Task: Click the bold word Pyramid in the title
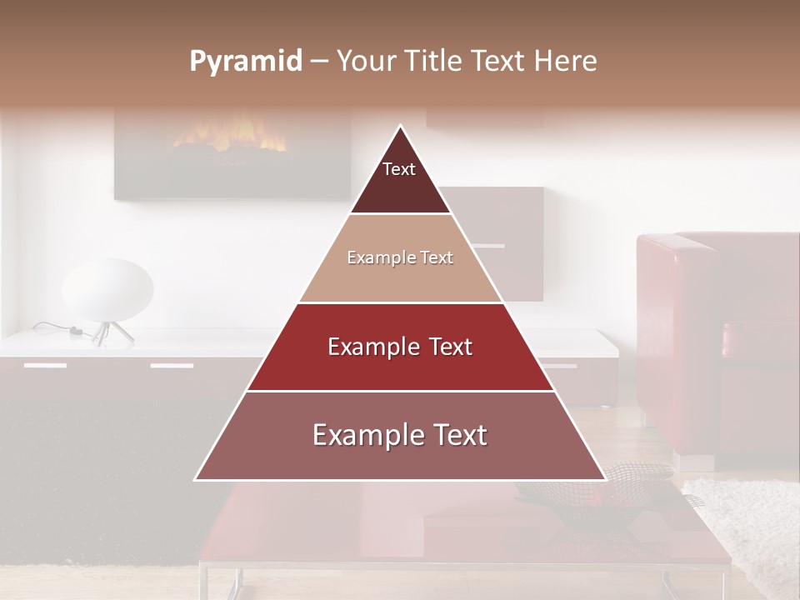pyautogui.click(x=246, y=62)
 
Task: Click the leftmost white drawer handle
pyautogui.click(x=45, y=365)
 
